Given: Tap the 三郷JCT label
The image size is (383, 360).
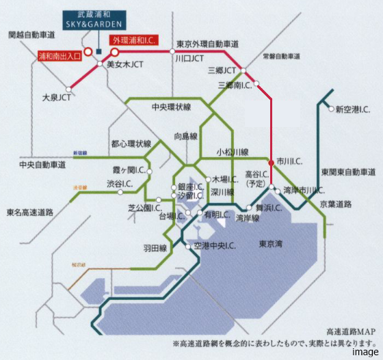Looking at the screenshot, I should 221,70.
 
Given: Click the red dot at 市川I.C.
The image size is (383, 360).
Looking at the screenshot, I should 272,162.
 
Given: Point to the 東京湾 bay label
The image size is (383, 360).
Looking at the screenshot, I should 272,244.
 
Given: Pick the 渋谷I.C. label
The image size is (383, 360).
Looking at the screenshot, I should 119,184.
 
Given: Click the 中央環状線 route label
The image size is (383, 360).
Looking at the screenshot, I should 171,108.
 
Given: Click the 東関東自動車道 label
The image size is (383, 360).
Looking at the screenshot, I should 349,171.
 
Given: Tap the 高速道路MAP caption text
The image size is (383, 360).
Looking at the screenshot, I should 352,331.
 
